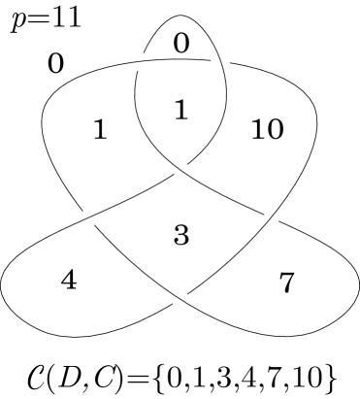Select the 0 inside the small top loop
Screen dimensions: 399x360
tap(181, 42)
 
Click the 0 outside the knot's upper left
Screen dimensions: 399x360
tap(55, 65)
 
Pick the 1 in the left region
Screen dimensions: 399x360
tap(99, 130)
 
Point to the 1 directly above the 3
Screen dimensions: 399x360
tap(179, 111)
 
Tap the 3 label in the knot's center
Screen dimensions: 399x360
tap(180, 235)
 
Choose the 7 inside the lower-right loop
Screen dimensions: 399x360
tap(286, 283)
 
